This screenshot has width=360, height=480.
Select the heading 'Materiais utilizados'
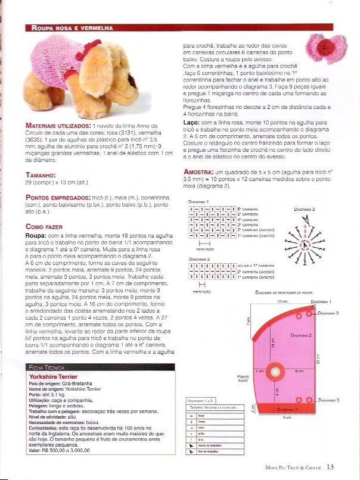tap(58, 126)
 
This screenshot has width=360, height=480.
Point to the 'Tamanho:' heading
tap(41, 175)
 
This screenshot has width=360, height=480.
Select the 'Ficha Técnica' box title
tap(48, 368)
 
